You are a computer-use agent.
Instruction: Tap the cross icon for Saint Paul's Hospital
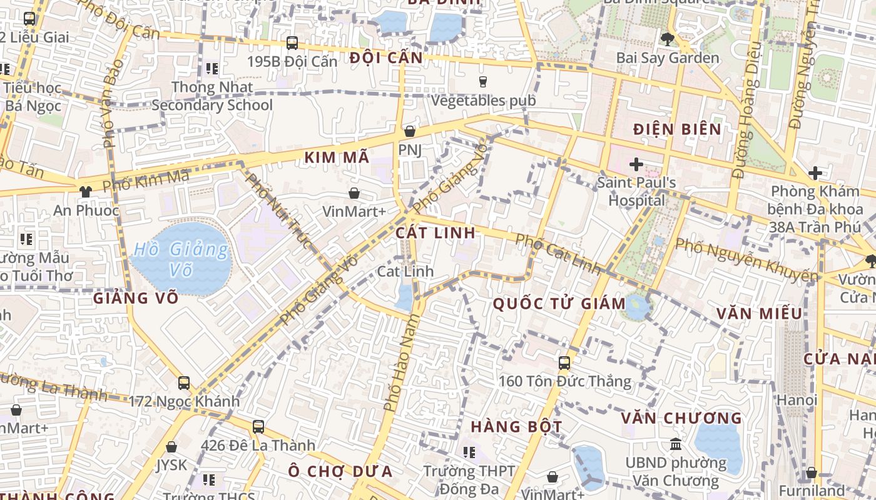click(636, 164)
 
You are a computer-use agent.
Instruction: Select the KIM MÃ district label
click(337, 158)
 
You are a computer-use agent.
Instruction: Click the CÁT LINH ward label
click(435, 232)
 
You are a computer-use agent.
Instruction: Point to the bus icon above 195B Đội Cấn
click(292, 43)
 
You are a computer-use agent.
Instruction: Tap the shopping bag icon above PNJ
click(410, 131)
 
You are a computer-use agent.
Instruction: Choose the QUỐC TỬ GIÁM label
click(559, 304)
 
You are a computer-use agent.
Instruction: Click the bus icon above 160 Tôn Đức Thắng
click(564, 362)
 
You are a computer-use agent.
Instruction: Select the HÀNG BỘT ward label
click(516, 427)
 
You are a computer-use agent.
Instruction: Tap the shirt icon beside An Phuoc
click(85, 191)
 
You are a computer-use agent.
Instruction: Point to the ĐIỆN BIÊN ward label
click(677, 129)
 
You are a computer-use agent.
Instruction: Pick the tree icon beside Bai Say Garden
click(667, 39)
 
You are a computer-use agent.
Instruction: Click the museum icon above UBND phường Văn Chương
click(676, 444)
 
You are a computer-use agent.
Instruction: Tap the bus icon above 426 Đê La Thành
click(258, 427)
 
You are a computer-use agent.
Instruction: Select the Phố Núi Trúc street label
click(278, 211)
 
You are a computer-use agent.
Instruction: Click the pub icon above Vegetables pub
click(482, 81)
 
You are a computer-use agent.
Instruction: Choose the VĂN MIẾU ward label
click(759, 313)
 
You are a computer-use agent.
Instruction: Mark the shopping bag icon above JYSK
click(171, 447)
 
